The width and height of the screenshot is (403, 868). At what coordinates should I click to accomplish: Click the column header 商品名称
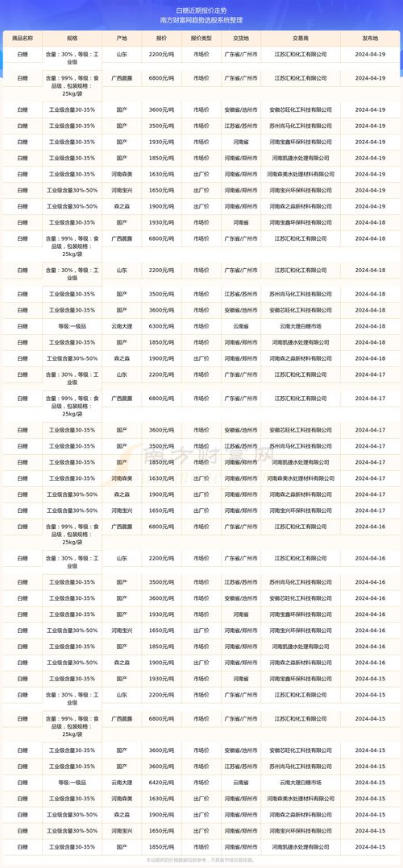pyautogui.click(x=22, y=37)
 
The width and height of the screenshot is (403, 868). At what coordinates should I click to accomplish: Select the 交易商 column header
pyautogui.click(x=300, y=37)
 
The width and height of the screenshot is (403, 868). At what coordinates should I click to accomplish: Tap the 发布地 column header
pyautogui.click(x=370, y=37)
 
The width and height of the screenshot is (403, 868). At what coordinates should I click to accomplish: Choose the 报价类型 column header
pyautogui.click(x=201, y=37)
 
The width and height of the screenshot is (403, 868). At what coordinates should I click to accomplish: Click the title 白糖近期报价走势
pyautogui.click(x=201, y=10)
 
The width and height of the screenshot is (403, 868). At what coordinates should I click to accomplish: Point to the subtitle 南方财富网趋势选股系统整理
pyautogui.click(x=201, y=21)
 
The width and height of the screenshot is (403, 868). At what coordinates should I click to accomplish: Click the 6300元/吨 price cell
pyautogui.click(x=162, y=326)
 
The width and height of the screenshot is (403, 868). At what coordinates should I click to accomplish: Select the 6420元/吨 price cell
pyautogui.click(x=162, y=782)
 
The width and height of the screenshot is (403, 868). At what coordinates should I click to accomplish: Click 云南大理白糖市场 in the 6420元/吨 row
pyautogui.click(x=300, y=782)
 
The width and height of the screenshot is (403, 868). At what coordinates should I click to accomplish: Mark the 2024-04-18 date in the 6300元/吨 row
pyautogui.click(x=370, y=326)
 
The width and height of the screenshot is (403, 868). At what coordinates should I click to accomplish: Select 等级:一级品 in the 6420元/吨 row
pyautogui.click(x=72, y=782)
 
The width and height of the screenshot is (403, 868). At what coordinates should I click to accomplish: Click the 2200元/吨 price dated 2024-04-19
pyautogui.click(x=162, y=53)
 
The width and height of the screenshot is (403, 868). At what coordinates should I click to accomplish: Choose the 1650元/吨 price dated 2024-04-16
pyautogui.click(x=162, y=630)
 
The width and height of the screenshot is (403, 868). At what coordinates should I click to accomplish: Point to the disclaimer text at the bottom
pyautogui.click(x=201, y=861)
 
